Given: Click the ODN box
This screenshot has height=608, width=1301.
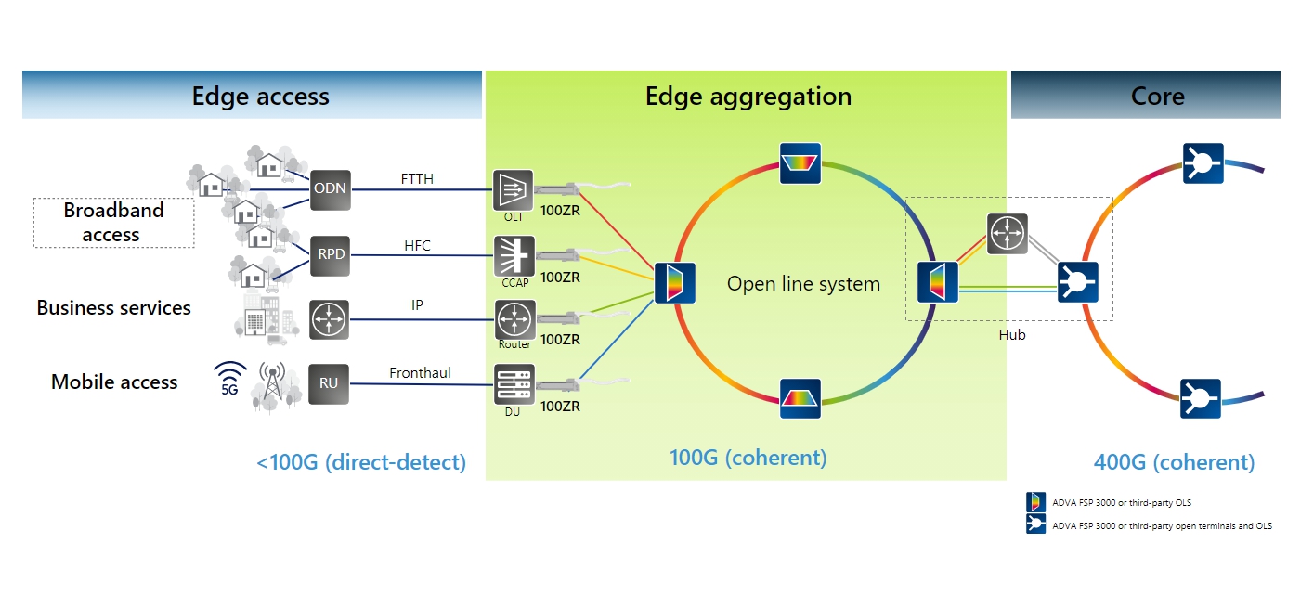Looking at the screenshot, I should click(x=330, y=189).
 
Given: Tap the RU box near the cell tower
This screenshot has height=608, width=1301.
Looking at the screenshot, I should click(x=329, y=383).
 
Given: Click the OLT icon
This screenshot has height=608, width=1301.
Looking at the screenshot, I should click(x=514, y=189).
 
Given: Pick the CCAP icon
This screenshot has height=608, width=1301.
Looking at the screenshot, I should click(x=514, y=255).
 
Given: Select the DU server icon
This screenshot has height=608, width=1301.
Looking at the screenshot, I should click(x=514, y=384).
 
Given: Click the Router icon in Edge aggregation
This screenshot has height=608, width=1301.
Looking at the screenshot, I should click(x=514, y=319).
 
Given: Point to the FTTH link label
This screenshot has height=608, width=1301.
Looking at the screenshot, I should click(x=417, y=178).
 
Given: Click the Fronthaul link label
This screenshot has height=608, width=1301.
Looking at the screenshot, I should click(x=420, y=373).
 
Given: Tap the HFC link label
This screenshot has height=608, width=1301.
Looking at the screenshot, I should click(x=417, y=246).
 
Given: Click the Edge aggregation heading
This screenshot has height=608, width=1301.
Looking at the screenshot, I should click(x=748, y=96).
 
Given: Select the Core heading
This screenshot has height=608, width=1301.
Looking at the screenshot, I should click(x=1157, y=96).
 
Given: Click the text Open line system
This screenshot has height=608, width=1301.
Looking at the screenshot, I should click(x=803, y=284).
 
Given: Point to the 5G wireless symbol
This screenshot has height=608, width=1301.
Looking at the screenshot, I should click(x=229, y=379).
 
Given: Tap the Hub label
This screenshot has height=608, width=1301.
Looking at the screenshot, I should click(x=1011, y=335).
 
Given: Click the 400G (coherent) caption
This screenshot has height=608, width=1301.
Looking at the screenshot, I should click(x=1174, y=462).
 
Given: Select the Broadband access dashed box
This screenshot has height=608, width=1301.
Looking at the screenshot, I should click(x=113, y=223).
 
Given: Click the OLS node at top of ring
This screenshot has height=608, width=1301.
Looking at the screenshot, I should click(x=800, y=162).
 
